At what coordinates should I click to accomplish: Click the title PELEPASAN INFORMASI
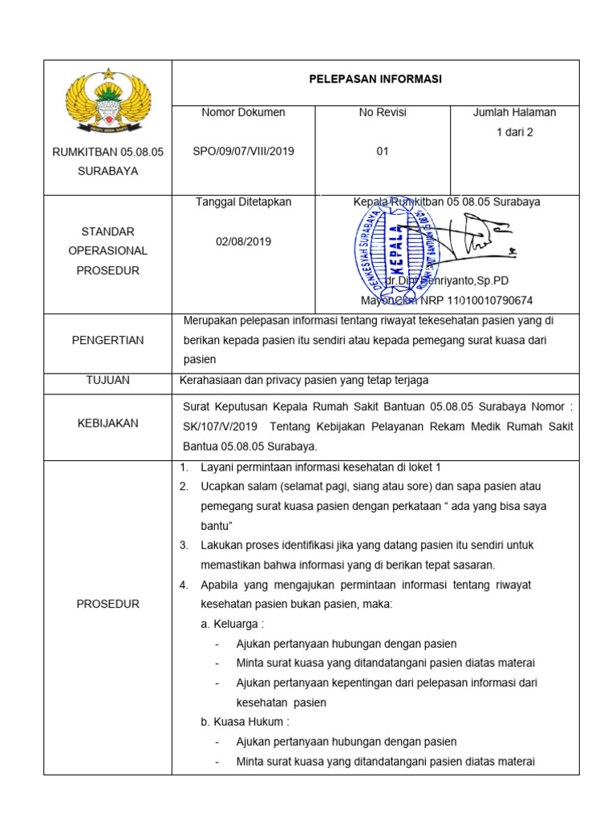tap(375, 79)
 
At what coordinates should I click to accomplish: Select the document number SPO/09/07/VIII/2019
tap(243, 152)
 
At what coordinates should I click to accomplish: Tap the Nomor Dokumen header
tap(243, 112)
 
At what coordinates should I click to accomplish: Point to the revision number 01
tap(383, 152)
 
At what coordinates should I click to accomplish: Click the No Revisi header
tap(383, 112)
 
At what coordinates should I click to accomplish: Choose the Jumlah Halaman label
tap(514, 112)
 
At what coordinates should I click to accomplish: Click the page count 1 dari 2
tap(514, 132)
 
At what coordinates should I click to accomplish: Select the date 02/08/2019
tap(244, 241)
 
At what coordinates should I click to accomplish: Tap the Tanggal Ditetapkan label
tap(244, 202)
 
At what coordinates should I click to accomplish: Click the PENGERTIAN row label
tap(107, 340)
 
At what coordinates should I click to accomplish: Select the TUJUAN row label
tap(107, 380)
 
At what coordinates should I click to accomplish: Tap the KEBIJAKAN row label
tap(107, 423)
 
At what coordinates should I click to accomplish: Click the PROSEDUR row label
tap(107, 604)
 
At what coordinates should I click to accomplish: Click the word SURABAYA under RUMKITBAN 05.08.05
tap(107, 171)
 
